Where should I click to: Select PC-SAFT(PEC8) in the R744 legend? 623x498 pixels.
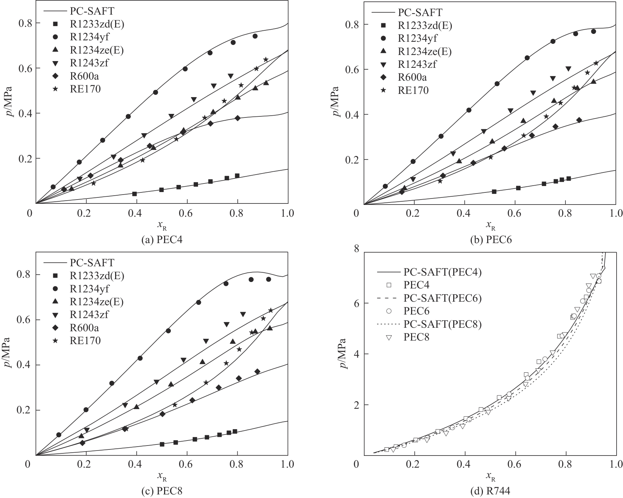coord(442,324)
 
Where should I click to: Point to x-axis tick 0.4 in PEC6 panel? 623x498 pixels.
coord(464,213)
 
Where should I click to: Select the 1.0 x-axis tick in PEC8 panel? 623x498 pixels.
coord(287,464)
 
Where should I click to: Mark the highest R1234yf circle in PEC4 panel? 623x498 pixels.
coord(255,36)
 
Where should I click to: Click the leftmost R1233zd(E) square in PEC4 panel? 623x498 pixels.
coord(135,194)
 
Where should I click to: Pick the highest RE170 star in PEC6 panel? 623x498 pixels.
coord(596,63)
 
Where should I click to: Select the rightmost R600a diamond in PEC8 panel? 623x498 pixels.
coord(257,372)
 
